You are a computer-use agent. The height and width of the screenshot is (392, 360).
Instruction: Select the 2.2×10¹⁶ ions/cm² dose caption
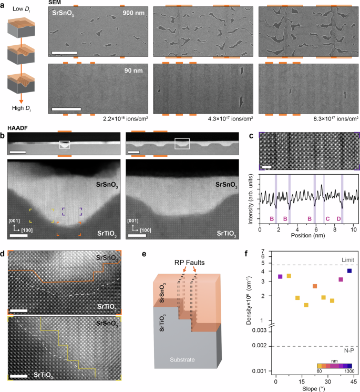pyautogui.click(x=126, y=119)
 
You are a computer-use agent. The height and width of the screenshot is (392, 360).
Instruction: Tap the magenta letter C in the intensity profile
pyautogui.click(x=327, y=217)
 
